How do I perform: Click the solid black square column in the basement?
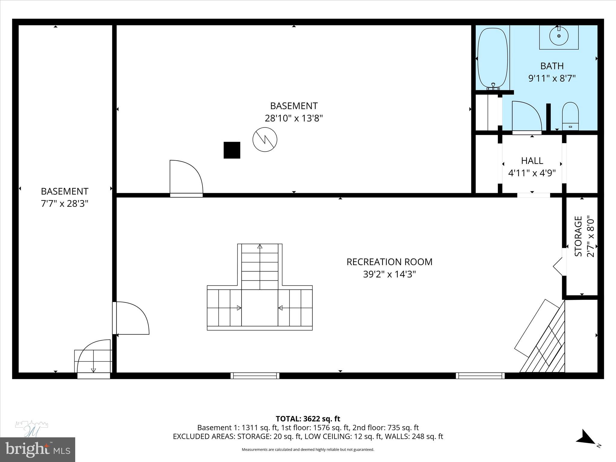point(232,150)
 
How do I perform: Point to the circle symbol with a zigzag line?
point(265,140)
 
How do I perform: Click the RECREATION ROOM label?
point(389,262)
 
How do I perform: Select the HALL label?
point(532,161)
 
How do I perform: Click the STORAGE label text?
point(578,236)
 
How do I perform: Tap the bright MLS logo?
point(37,449)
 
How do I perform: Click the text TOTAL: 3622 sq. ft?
point(308,419)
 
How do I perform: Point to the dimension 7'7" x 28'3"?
point(64,204)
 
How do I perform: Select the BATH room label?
point(552,66)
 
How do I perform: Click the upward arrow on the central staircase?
point(260,247)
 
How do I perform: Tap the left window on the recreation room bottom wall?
point(255,375)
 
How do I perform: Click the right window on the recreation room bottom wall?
point(480,375)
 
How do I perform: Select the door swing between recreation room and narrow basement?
point(132,318)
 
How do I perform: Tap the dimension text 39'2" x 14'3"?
point(389,275)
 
